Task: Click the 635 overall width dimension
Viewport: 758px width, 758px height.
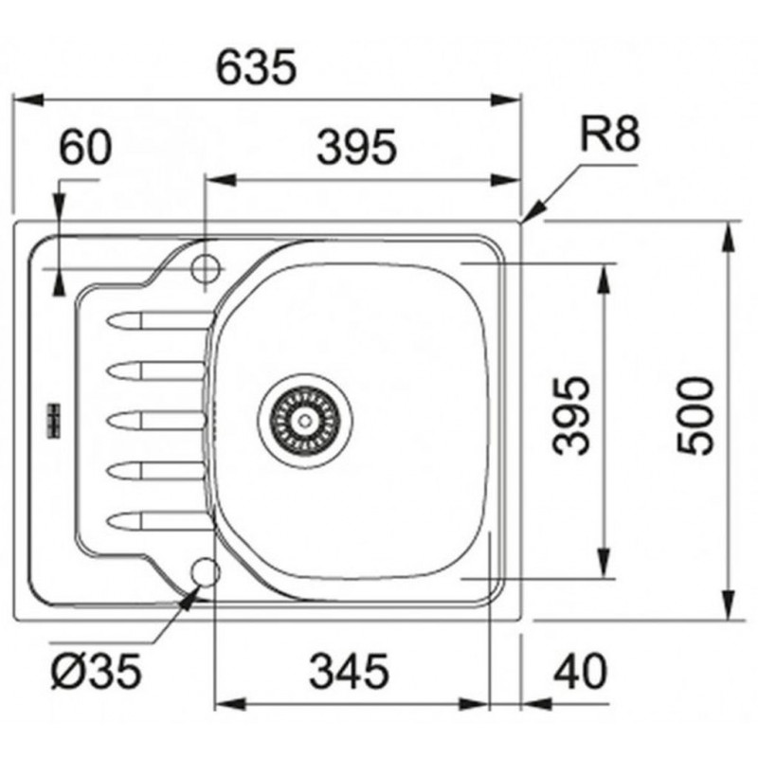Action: coord(256,66)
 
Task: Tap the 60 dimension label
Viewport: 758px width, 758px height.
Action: coord(85,147)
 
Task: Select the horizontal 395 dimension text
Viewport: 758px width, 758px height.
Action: coord(357,147)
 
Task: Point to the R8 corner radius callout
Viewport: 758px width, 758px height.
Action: coord(610,134)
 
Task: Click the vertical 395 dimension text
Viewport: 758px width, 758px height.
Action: coord(571,416)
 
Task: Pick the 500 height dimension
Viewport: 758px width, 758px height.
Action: coord(695,416)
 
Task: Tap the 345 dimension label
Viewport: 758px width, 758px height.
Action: coord(349,671)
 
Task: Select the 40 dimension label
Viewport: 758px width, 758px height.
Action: coord(580,671)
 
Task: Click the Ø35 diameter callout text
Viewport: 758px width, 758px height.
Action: coord(97,671)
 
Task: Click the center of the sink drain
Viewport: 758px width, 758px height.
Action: coord(304,421)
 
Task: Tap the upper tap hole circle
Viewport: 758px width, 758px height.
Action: coord(206,268)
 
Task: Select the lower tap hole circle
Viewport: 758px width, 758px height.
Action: coord(206,572)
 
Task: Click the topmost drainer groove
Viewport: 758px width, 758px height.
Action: coord(159,320)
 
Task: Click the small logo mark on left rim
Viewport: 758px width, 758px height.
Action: coord(53,421)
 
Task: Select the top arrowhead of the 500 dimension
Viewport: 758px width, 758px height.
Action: coord(727,237)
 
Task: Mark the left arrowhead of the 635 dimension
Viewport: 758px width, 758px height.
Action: coord(29,100)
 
